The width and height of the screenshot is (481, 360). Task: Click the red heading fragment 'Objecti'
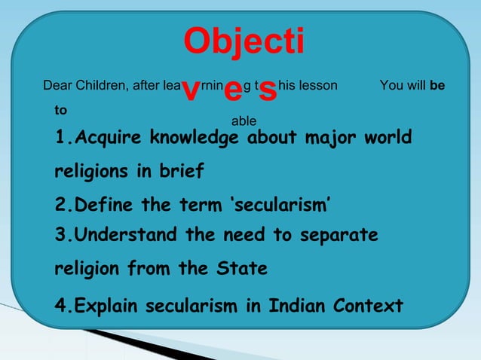244,42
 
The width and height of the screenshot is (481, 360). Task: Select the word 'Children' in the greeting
103,85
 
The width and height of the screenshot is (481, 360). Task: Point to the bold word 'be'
437,85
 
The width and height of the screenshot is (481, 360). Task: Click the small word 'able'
244,121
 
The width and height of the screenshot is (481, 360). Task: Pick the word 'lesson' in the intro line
320,85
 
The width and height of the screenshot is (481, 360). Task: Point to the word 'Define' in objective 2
103,205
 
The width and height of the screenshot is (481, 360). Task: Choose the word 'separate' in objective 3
338,235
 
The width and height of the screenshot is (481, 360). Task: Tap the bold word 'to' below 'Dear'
60,110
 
